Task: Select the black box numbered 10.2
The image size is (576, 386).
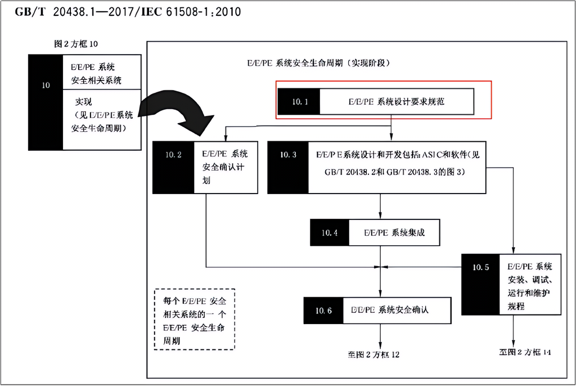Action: pyautogui.click(x=173, y=167)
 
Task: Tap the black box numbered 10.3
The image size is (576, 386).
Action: pyautogui.click(x=287, y=167)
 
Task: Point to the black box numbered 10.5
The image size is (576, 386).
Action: pyautogui.click(x=481, y=284)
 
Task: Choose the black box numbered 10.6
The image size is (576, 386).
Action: pyautogui.click(x=323, y=310)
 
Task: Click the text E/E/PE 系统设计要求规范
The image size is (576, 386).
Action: pyautogui.click(x=397, y=102)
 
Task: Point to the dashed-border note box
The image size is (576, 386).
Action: pyautogui.click(x=195, y=319)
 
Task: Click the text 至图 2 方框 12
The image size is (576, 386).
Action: pyautogui.click(x=373, y=354)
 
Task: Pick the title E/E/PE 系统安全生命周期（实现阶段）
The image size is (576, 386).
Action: pyautogui.click(x=318, y=63)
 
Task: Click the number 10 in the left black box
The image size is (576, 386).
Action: pyautogui.click(x=46, y=86)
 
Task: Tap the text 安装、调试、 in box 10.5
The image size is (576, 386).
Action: pyautogui.click(x=530, y=280)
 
